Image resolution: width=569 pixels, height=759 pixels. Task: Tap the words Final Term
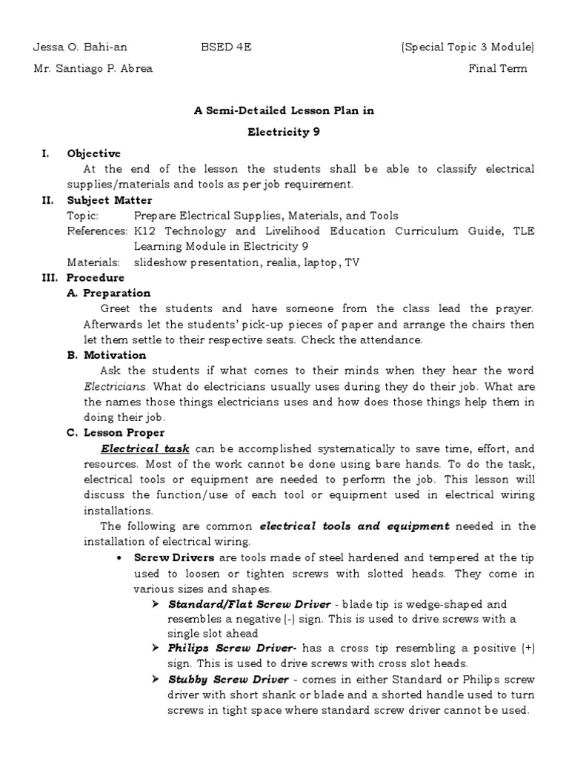[498, 69]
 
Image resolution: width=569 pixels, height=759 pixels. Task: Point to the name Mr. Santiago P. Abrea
[93, 69]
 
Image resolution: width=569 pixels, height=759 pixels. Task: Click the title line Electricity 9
[284, 132]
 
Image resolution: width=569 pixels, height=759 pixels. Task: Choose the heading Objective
[93, 153]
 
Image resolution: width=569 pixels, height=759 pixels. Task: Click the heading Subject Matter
[110, 200]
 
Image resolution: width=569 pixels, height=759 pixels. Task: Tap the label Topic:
[82, 216]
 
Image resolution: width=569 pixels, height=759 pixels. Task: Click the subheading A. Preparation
[109, 294]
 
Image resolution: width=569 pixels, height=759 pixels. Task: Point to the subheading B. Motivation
[107, 355]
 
